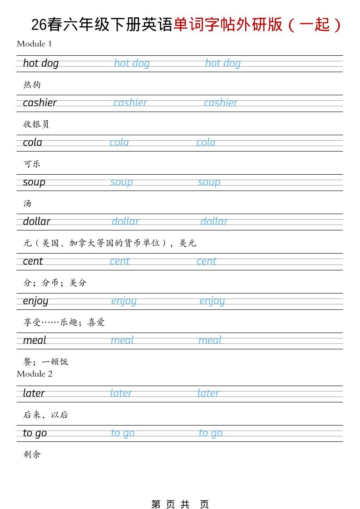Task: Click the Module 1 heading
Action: pyautogui.click(x=35, y=44)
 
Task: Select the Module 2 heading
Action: pyautogui.click(x=35, y=374)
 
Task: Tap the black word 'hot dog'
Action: pyautogui.click(x=41, y=64)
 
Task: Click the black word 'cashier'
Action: pyautogui.click(x=40, y=103)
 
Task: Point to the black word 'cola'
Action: pyautogui.click(x=33, y=143)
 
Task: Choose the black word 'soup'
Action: pyautogui.click(x=34, y=182)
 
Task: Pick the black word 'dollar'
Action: pyautogui.click(x=37, y=222)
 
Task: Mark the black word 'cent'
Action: pyautogui.click(x=33, y=261)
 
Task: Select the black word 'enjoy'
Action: pyautogui.click(x=35, y=301)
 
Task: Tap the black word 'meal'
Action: pyautogui.click(x=35, y=341)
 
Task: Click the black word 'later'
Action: pyautogui.click(x=34, y=393)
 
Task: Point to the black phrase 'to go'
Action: pyautogui.click(x=35, y=433)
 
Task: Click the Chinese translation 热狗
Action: pyautogui.click(x=32, y=85)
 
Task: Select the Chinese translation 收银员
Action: pyautogui.click(x=36, y=124)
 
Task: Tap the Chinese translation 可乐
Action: pyautogui.click(x=32, y=164)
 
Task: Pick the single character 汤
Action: pyautogui.click(x=28, y=203)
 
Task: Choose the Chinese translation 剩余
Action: pyautogui.click(x=32, y=454)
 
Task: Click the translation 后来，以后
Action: pyautogui.click(x=45, y=415)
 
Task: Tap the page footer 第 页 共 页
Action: pyautogui.click(x=180, y=504)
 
